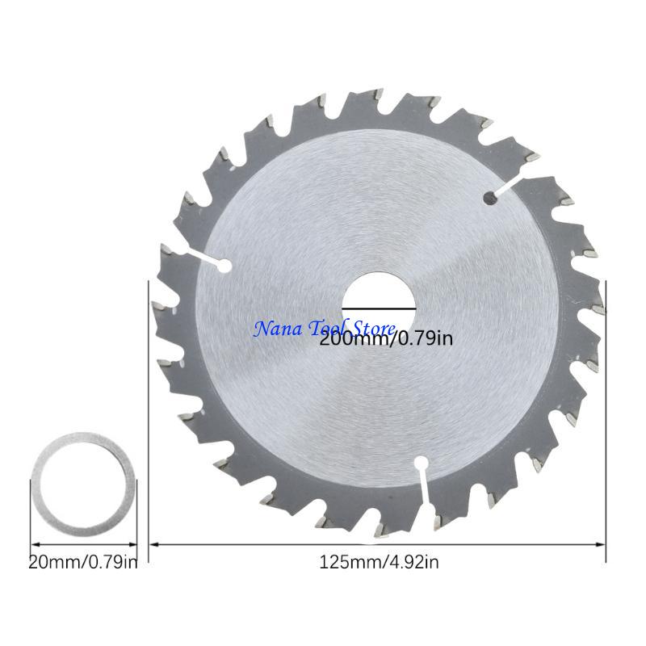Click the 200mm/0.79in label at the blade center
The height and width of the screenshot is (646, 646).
tap(386, 339)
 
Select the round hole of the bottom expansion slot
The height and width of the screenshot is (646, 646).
tap(420, 463)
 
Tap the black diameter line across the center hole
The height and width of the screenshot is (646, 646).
tap(379, 308)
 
